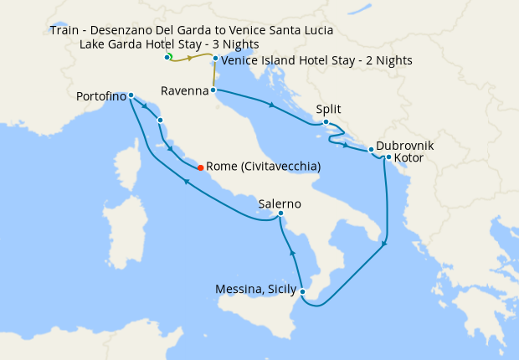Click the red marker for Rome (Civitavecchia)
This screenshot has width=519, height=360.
(199, 167)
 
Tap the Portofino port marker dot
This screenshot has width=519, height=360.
(131, 95)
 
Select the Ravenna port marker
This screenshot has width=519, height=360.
(213, 90)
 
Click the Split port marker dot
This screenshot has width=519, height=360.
(326, 122)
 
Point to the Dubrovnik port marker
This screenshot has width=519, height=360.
(371, 150)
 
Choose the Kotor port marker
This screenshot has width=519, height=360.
(388, 157)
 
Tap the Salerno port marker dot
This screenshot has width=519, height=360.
(280, 215)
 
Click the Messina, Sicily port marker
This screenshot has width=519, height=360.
(302, 292)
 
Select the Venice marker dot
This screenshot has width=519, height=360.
(216, 59)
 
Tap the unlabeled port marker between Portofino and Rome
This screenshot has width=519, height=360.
(159, 121)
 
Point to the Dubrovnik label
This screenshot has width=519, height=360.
(405, 144)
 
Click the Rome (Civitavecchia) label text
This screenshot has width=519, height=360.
(263, 167)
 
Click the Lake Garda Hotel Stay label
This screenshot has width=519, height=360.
(169, 44)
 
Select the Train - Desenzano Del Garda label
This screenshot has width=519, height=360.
(191, 30)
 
